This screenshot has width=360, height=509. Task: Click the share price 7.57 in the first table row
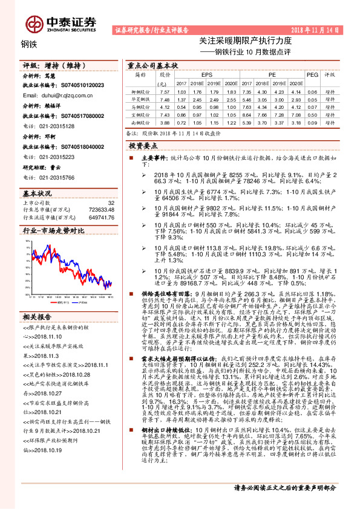[163, 91]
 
